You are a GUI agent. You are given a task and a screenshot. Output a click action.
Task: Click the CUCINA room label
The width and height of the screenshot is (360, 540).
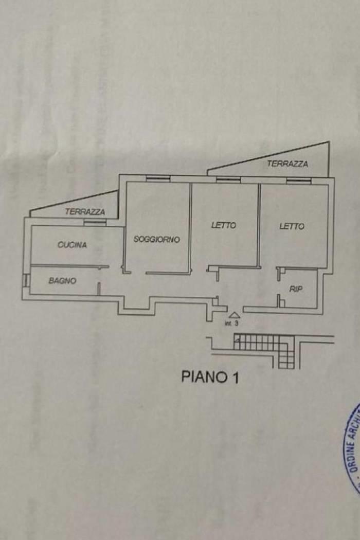pos(72,245)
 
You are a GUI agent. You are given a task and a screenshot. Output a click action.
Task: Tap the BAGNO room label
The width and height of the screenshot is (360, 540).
pos(62,281)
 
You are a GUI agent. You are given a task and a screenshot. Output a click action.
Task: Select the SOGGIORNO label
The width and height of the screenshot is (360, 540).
pos(157,239)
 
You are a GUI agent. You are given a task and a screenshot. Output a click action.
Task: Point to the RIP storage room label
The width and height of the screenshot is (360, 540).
pos(296,290)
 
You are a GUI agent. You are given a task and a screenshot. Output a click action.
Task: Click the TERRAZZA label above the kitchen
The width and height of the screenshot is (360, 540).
pos(85,211)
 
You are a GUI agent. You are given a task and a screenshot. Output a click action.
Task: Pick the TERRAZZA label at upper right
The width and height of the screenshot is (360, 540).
pos(287,164)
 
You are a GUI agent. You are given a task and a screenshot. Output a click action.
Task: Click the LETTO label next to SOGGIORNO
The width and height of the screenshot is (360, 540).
pos(224,225)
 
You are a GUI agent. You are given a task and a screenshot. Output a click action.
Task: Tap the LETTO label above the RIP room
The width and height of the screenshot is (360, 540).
pos(292,226)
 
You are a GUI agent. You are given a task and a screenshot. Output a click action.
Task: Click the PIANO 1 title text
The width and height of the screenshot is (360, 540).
pos(210,377)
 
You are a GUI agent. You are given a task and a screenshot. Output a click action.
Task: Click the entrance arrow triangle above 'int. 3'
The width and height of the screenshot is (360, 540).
pos(234,315)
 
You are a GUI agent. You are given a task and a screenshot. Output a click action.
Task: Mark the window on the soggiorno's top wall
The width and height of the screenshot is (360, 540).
pos(158,179)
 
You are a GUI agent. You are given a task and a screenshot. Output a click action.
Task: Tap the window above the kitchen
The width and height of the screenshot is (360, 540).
pos(95,223)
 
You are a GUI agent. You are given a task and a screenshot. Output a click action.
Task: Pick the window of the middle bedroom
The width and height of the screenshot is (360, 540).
pos(228,179)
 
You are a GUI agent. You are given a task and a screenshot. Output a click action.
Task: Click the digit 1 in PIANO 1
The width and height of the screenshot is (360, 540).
pos(235,377)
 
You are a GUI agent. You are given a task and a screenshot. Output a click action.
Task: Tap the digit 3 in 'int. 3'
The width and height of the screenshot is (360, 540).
pos(237,324)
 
